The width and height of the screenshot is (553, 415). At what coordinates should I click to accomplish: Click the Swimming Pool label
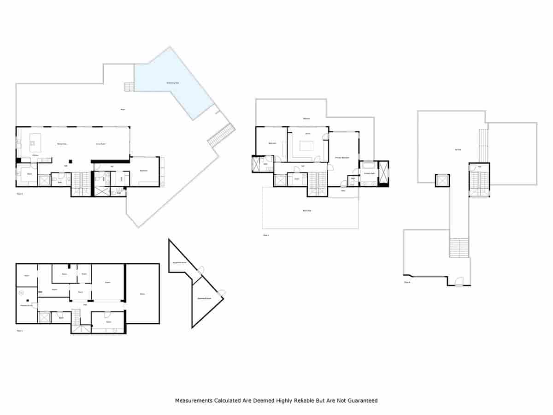[173, 83]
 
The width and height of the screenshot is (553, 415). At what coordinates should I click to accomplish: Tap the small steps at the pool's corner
[129, 87]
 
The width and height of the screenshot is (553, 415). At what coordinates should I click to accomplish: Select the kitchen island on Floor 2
[35, 140]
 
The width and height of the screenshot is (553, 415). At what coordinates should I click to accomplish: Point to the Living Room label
[101, 144]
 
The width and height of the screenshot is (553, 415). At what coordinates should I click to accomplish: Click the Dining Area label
[63, 144]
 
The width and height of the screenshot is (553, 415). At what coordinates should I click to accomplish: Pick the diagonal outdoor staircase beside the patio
[221, 135]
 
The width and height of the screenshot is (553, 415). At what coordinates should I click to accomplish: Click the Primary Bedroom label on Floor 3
[342, 158]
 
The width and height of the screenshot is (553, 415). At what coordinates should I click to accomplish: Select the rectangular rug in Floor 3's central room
[306, 146]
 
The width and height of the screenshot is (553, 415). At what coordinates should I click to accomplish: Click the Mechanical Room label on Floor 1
[26, 305]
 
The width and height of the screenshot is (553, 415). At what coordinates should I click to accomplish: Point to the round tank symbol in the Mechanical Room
[21, 292]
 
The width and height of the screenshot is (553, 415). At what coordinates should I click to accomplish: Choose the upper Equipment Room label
[179, 262]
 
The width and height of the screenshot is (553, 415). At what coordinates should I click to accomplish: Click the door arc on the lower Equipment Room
[222, 292]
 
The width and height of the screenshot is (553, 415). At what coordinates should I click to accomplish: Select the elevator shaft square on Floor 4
[441, 180]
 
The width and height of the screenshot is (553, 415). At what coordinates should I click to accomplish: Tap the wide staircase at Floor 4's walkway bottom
[459, 248]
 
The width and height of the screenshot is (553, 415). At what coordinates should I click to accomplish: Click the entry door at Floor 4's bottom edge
[459, 281]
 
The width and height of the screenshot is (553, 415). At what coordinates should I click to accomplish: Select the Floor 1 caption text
[19, 331]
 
